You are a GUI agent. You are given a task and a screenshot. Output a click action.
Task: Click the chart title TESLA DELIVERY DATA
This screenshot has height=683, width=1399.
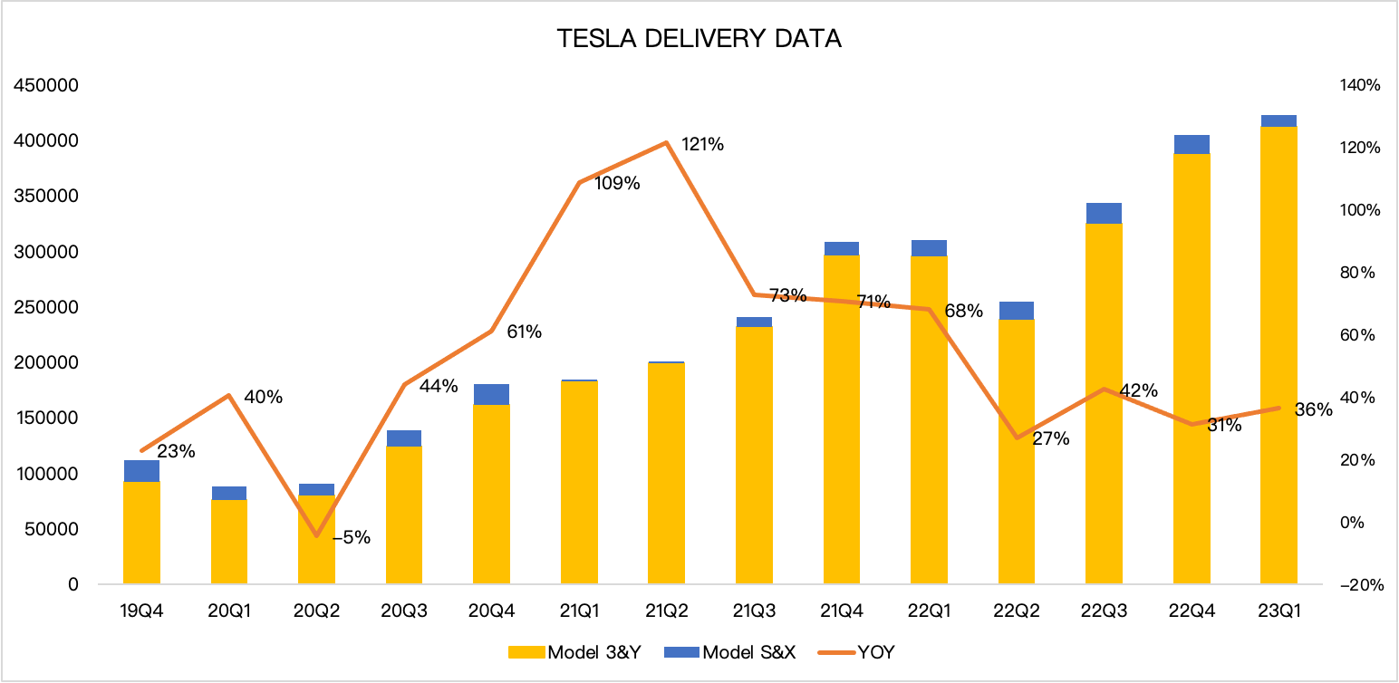[699, 39]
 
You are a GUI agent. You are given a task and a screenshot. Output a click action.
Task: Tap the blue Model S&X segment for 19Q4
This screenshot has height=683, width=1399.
[141, 471]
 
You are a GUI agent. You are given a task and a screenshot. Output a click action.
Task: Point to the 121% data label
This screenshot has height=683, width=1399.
[702, 144]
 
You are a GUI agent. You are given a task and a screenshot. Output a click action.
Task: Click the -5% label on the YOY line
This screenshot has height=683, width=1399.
[352, 537]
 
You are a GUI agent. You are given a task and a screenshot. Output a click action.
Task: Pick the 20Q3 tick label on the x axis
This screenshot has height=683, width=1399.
[403, 611]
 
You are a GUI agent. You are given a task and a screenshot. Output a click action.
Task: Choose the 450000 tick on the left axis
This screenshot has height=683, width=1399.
[45, 86]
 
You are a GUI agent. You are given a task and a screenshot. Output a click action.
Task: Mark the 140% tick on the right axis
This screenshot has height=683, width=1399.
[1359, 86]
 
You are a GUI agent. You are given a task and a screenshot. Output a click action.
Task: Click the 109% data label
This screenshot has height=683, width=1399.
[618, 183]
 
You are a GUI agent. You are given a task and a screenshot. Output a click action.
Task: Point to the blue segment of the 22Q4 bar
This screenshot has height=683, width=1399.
[1192, 144]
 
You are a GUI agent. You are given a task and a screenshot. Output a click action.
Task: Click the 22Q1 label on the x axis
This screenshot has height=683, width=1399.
[929, 611]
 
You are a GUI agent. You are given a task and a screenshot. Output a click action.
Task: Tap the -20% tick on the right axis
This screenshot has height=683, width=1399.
[1359, 585]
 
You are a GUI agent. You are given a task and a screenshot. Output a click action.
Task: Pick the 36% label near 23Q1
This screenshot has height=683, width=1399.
[1314, 409]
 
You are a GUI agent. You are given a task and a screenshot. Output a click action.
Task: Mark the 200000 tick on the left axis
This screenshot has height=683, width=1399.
[45, 363]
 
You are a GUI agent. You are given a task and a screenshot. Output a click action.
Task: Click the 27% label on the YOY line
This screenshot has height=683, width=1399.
[1051, 439]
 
